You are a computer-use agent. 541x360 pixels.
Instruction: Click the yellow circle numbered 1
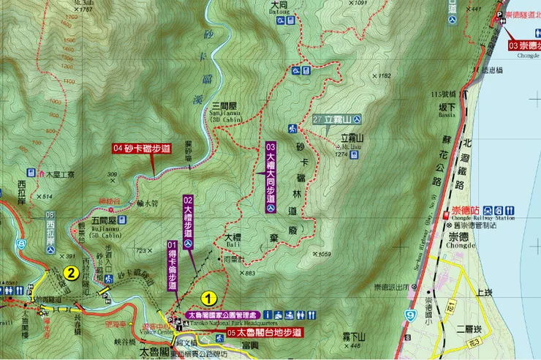(x=209, y=299)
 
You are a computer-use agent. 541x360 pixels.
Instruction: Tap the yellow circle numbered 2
(x=71, y=274)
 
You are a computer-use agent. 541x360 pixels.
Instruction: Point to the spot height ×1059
(x=322, y=255)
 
